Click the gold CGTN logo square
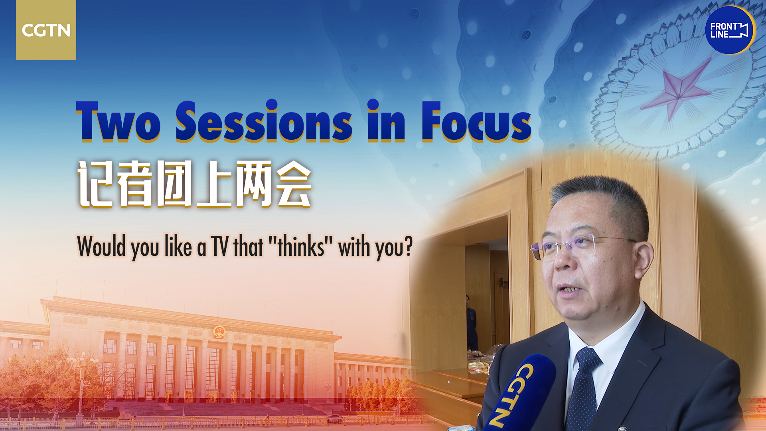[x=46, y=30]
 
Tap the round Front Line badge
[x=730, y=30]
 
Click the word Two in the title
[x=118, y=121]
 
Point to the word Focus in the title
[x=476, y=121]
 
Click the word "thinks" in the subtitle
[x=301, y=246]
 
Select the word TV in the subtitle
[x=220, y=246]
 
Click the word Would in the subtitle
[x=102, y=246]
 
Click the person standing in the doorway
[x=472, y=323]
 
